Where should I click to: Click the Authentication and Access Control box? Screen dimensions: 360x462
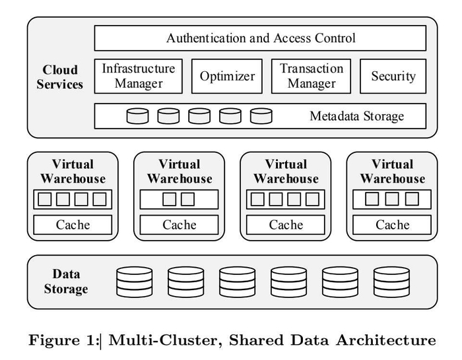click(x=260, y=38)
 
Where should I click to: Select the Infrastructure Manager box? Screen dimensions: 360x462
click(x=139, y=76)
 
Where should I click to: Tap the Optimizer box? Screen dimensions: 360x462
click(x=227, y=76)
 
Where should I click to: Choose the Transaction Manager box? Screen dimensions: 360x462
click(x=312, y=76)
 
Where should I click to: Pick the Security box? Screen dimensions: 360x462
click(x=393, y=76)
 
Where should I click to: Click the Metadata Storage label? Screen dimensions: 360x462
click(x=356, y=117)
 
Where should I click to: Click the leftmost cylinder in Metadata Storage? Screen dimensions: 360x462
click(x=137, y=117)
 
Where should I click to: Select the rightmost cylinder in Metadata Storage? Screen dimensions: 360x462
click(x=261, y=117)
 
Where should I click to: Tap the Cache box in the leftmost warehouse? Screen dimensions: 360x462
click(x=73, y=225)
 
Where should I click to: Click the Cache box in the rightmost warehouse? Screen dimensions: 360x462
click(x=393, y=225)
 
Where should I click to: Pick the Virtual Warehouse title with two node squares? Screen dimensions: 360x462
click(x=180, y=171)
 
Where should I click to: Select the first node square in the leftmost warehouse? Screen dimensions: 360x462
click(x=45, y=199)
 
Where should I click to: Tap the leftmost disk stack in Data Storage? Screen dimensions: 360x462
click(x=134, y=282)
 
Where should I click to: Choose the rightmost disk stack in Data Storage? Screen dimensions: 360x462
click(x=391, y=282)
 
